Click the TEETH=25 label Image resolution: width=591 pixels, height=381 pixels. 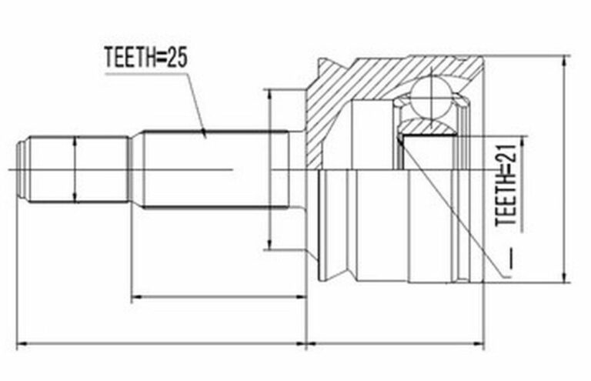(146, 58)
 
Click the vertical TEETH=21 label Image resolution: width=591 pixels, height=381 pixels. (506, 185)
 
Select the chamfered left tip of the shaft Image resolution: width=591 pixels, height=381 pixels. (22, 169)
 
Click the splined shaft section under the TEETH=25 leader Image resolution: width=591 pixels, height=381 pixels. (215, 169)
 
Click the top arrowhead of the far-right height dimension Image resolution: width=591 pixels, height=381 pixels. (565, 61)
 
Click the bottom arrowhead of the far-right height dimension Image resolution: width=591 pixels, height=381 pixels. (565, 277)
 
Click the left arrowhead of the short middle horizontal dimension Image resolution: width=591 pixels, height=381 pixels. (137, 297)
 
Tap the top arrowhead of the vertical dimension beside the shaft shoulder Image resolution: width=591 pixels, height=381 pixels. (269, 95)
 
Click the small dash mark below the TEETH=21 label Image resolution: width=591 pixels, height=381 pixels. (511, 259)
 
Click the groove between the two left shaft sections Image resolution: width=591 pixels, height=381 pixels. (135, 169)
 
